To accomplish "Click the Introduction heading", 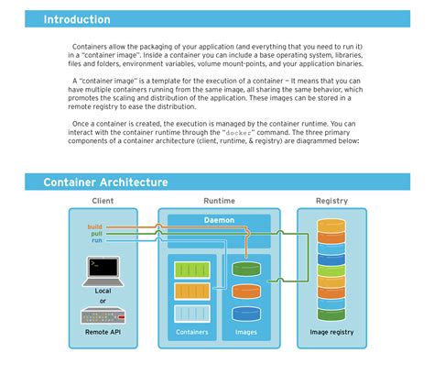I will pyautogui.click(x=77, y=19).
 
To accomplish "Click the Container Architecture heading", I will pyautogui.click(x=105, y=182).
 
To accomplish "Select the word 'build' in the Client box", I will pyautogui.click(x=95, y=225).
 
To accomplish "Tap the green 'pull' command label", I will pyautogui.click(x=97, y=233).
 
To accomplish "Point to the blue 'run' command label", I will pyautogui.click(x=97, y=240).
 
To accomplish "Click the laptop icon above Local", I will pyautogui.click(x=103, y=269).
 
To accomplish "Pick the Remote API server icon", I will pyautogui.click(x=103, y=316).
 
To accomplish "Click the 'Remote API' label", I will pyautogui.click(x=103, y=335).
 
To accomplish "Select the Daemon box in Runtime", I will pyautogui.click(x=218, y=220).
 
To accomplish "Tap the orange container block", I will pyautogui.click(x=192, y=292).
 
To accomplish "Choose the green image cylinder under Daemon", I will pyautogui.click(x=246, y=269).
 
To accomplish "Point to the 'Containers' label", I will pyautogui.click(x=192, y=333).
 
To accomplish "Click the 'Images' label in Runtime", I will pyautogui.click(x=246, y=333).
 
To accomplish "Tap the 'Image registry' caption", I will pyautogui.click(x=331, y=333).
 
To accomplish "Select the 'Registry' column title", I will pyautogui.click(x=331, y=201).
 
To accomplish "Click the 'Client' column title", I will pyautogui.click(x=103, y=201).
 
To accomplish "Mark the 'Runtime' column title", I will pyautogui.click(x=218, y=201).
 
